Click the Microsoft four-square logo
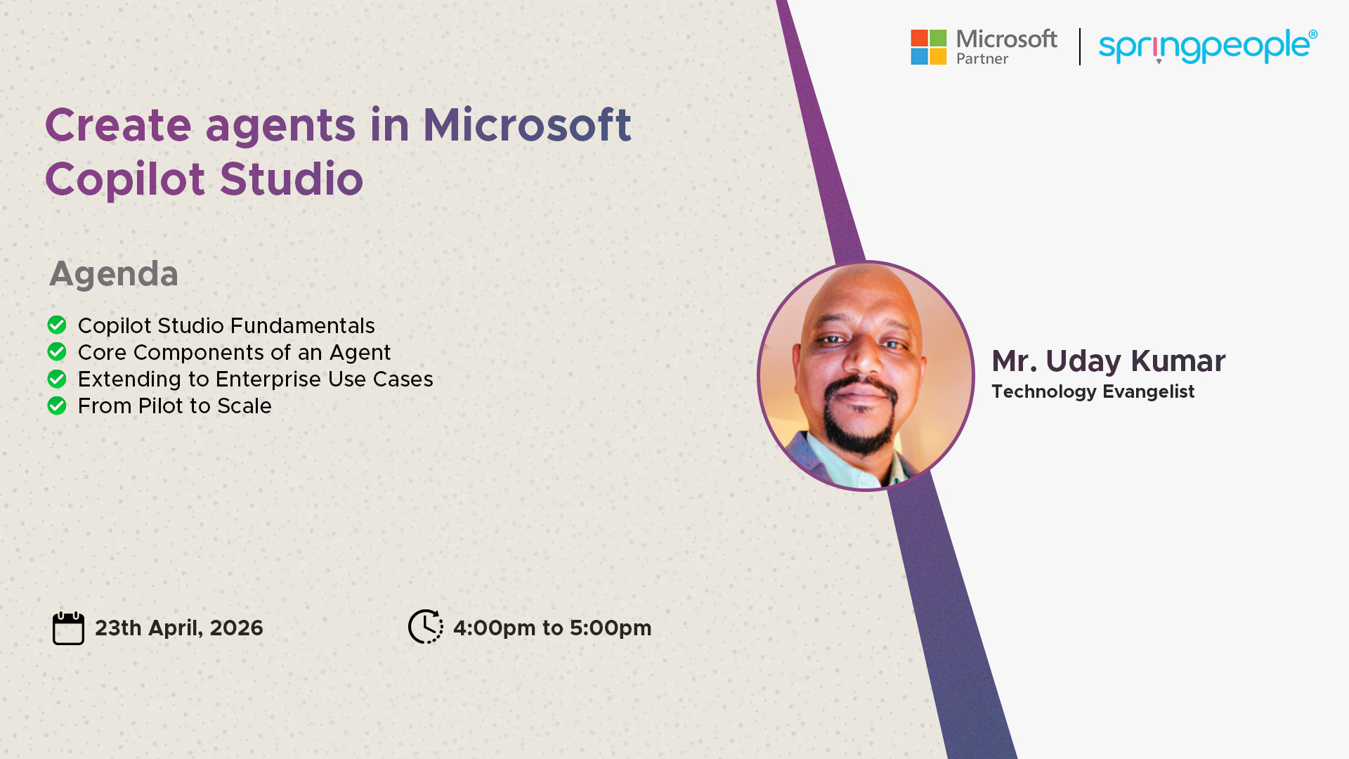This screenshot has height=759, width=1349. tap(928, 47)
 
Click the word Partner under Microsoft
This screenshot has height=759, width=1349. tap(982, 59)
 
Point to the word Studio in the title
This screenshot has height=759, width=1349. tap(292, 179)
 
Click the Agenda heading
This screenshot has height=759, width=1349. tap(114, 273)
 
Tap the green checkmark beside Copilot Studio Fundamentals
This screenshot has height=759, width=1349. tap(57, 325)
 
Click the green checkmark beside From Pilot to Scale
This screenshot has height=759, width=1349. tap(57, 406)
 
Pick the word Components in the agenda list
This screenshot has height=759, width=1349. tap(211, 353)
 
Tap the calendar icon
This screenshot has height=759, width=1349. tap(68, 628)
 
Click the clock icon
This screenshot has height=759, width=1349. tap(426, 626)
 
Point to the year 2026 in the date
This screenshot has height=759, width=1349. tap(236, 628)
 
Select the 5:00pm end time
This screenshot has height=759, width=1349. tap(611, 628)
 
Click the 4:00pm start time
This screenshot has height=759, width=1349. tap(494, 628)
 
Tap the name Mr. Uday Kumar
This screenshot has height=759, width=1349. tap(1108, 361)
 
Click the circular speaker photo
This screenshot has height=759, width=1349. tap(866, 376)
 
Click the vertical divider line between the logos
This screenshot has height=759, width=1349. tap(1080, 46)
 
